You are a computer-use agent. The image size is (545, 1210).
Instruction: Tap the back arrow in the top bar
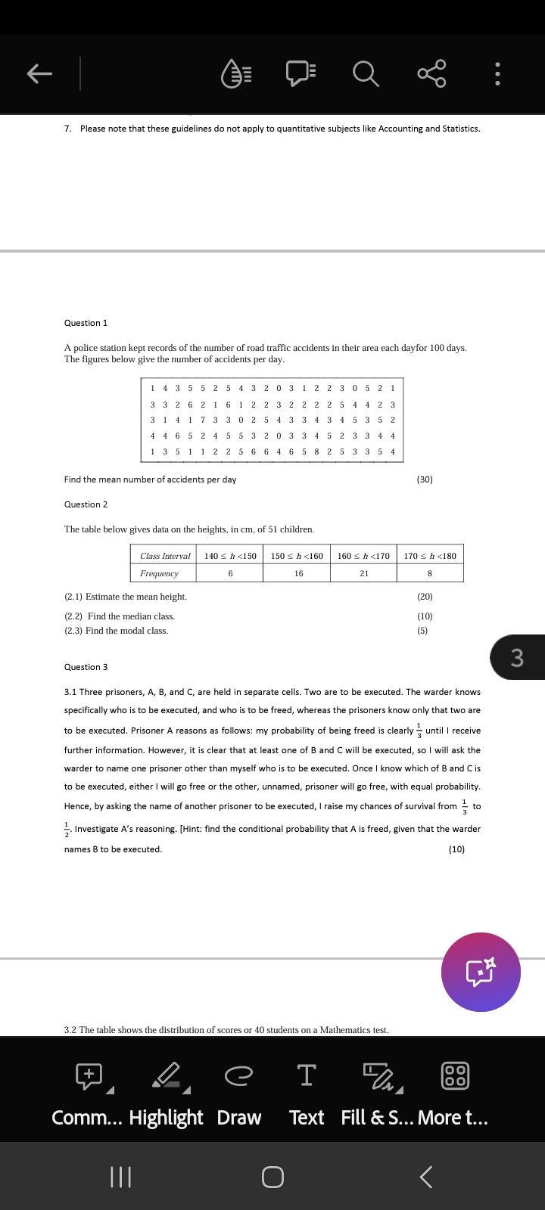coord(40,73)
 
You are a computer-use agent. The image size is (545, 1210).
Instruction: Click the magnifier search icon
coord(366,74)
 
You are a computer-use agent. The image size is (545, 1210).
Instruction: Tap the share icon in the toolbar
coord(431,74)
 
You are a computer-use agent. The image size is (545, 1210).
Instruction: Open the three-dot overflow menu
coord(497,74)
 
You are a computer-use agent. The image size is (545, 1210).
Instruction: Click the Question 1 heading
coord(86,323)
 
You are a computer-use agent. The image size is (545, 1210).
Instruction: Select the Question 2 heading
coord(86,504)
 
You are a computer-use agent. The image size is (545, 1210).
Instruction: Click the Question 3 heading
coord(86,667)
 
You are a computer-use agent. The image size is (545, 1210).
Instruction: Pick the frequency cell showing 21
coord(364,573)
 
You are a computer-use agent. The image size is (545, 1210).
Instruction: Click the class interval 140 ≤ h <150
coord(230,556)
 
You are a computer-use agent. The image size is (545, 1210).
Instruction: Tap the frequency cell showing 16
coord(298,573)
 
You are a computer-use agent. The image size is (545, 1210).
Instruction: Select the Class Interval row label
coord(165,556)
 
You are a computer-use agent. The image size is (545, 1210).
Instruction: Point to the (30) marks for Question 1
coord(425,479)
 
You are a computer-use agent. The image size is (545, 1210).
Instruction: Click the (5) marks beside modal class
coord(422,631)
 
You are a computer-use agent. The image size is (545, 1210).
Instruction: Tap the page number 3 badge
coord(518,657)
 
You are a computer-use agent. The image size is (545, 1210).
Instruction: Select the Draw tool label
coord(239,1118)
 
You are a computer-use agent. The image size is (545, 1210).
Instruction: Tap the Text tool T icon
coord(307,1075)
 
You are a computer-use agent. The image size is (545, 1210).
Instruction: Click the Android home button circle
coord(272,1177)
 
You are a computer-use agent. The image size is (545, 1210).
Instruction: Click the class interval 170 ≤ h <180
coord(430,556)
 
